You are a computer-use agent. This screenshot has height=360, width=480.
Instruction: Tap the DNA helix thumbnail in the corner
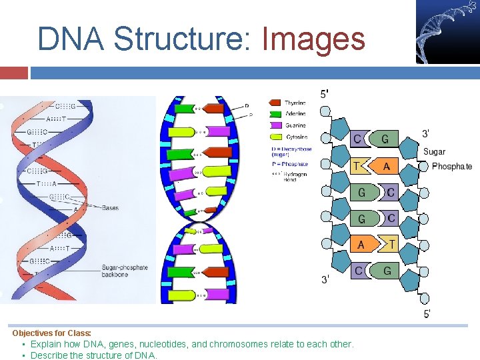tap(447, 31)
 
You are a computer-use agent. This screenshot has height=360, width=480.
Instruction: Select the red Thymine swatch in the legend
tap(275, 103)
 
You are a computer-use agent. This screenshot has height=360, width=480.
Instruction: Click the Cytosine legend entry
tap(295, 137)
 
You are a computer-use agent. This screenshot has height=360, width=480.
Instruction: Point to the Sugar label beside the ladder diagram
tap(434, 152)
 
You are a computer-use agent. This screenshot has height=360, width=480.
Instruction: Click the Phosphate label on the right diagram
tap(451, 167)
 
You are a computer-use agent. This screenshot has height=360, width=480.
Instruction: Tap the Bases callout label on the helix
tap(110, 208)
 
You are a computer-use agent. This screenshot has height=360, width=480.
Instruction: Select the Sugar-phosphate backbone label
tap(125, 271)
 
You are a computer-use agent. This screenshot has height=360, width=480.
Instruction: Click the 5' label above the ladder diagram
tap(324, 95)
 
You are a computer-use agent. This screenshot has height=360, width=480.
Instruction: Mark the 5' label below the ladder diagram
tap(427, 313)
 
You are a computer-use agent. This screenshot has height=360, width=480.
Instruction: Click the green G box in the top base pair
tap(385, 139)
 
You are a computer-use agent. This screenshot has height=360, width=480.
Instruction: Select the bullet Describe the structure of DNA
tap(93, 355)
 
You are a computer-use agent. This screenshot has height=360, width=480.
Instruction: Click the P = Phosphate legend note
tap(289, 164)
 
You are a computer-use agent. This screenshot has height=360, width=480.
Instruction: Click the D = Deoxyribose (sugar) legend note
tap(291, 152)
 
